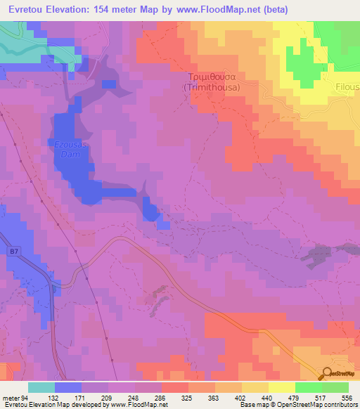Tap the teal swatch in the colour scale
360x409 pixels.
pyautogui.click(x=41, y=388)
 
